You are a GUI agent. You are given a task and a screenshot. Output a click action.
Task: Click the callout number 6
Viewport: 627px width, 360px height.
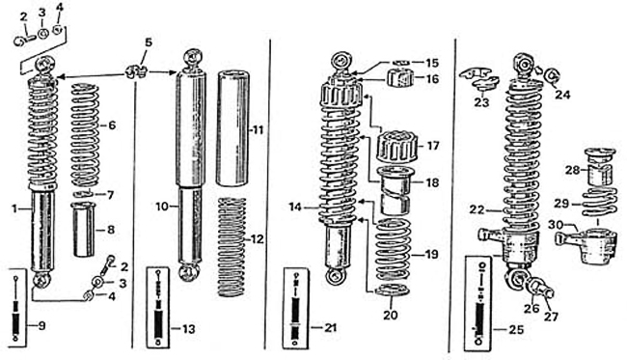click(112, 125)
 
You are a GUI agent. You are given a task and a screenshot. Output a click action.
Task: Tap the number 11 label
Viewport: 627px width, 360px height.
click(259, 130)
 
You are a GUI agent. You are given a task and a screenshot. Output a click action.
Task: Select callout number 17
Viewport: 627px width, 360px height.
click(433, 146)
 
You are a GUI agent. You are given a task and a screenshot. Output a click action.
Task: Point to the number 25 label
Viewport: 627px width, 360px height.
click(516, 330)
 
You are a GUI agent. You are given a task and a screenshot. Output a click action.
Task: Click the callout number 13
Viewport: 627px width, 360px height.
click(188, 329)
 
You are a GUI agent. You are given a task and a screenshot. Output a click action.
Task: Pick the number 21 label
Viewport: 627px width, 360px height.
click(330, 328)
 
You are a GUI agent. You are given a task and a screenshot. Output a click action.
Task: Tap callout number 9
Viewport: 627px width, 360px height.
click(41, 326)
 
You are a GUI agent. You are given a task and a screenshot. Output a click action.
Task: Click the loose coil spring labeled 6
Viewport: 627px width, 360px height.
click(85, 135)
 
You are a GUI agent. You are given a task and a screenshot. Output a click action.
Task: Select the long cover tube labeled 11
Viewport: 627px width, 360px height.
click(232, 128)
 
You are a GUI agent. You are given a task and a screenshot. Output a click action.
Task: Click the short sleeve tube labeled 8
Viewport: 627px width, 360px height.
click(83, 230)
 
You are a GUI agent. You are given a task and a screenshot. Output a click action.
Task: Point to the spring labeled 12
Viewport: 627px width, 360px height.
click(232, 247)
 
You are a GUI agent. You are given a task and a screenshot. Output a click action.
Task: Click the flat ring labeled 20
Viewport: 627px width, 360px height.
click(392, 290)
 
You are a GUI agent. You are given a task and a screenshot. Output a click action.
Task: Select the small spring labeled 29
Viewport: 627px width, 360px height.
click(599, 204)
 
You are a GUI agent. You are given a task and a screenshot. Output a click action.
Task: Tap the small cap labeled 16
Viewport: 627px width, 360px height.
click(401, 78)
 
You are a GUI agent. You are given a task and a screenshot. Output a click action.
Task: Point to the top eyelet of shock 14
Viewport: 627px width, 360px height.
click(341, 62)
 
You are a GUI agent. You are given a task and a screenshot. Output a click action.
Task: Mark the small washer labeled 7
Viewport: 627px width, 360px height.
click(83, 194)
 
